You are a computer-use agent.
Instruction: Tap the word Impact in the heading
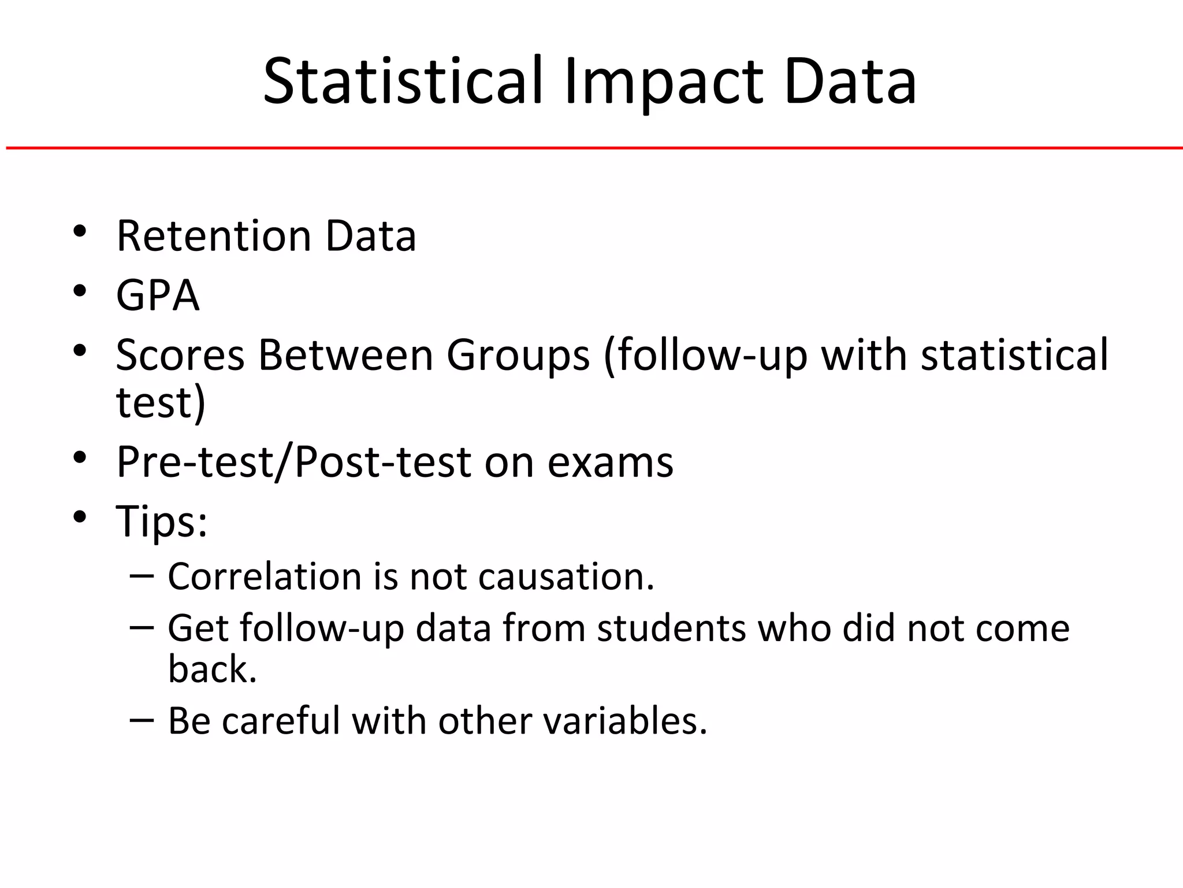pyautogui.click(x=664, y=82)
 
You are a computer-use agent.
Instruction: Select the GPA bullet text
pyautogui.click(x=158, y=295)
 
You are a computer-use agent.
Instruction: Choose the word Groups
pyautogui.click(x=518, y=356)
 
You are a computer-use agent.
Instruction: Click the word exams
pyautogui.click(x=610, y=463)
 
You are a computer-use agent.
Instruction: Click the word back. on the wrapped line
pyautogui.click(x=212, y=669)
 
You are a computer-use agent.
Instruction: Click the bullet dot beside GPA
pyautogui.click(x=80, y=291)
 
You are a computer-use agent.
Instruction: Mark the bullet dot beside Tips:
pyautogui.click(x=80, y=516)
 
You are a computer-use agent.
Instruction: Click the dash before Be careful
pyautogui.click(x=142, y=720)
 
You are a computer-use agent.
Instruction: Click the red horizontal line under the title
pyautogui.click(x=591, y=149)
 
